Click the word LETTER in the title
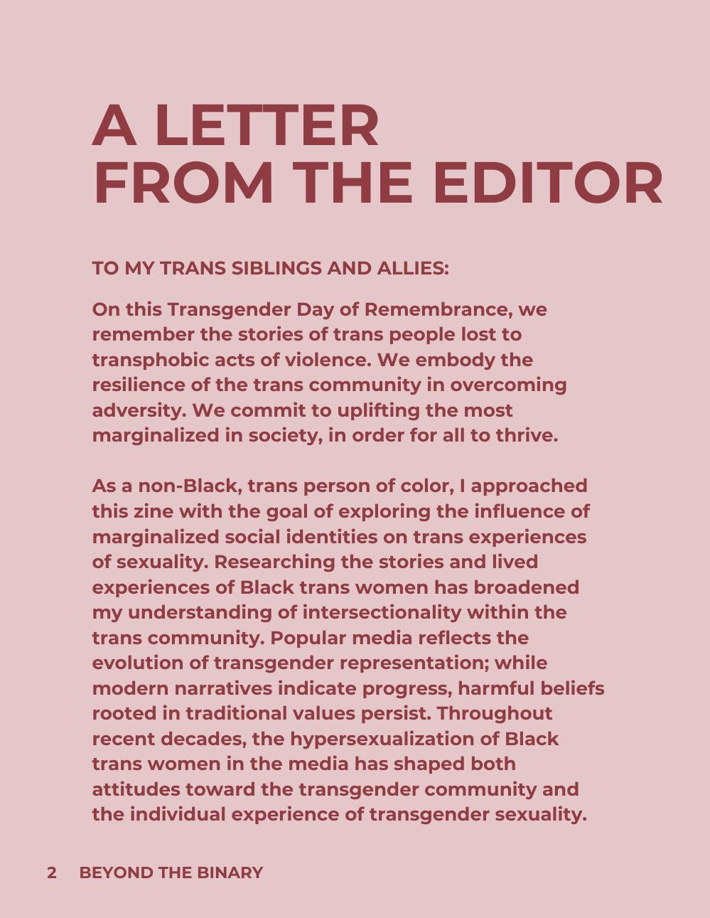pos(266,126)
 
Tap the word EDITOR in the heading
pos(547,183)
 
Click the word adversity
pos(138,411)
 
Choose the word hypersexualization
pos(382,739)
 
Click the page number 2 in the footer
pos(52,873)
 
